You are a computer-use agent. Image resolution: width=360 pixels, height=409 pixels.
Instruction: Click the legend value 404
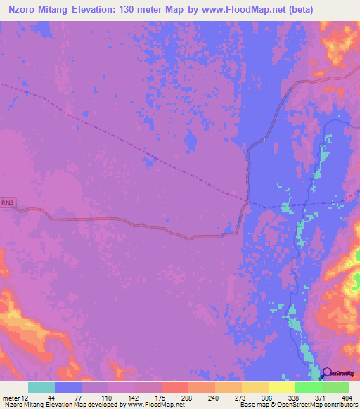point(347,398)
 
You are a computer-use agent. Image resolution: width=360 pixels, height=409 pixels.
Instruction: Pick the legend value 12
point(25,398)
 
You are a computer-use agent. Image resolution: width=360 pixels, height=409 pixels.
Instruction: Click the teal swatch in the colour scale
point(41,387)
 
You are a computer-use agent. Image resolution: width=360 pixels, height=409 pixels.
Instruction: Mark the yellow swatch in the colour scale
point(281,387)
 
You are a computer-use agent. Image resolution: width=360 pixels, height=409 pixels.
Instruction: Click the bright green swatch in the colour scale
point(308,387)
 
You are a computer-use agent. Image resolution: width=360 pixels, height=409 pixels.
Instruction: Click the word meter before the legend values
point(11,398)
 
